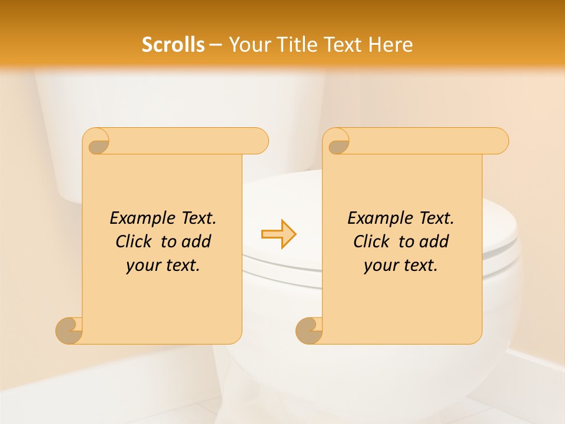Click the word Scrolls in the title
(173, 45)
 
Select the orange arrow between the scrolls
(278, 234)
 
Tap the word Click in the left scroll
(134, 241)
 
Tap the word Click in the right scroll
(372, 241)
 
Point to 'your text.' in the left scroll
(163, 266)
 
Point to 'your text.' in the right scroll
(401, 266)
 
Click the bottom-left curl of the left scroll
(69, 330)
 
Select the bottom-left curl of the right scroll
(309, 330)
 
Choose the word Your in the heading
(248, 45)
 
